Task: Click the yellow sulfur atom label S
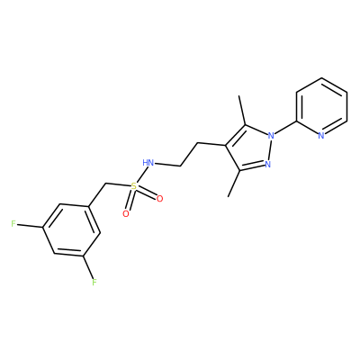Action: [134, 186]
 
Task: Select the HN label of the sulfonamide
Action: [148, 163]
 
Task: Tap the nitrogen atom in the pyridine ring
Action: [321, 136]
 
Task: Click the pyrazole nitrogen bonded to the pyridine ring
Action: [271, 136]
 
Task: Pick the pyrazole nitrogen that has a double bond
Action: [268, 164]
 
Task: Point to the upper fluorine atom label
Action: [13, 224]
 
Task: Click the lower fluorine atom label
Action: [94, 283]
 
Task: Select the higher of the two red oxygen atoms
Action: [159, 199]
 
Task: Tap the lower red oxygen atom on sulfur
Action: [126, 213]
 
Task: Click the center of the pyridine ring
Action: [321, 107]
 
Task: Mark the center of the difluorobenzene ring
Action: [71, 230]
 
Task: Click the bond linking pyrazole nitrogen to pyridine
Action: [285, 129]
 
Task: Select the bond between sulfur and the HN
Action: [141, 175]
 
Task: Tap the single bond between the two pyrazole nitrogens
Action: [270, 149]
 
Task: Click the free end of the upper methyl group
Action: [239, 95]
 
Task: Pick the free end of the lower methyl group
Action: [229, 197]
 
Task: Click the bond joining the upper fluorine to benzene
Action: [30, 226]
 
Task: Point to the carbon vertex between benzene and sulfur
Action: [105, 183]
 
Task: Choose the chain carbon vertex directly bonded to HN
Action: [181, 166]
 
